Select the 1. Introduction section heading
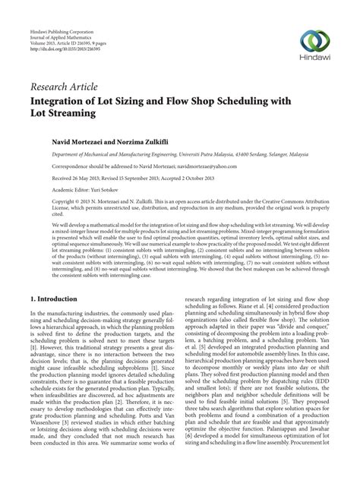pos(53,300)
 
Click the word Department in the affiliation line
pos(56,153)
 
